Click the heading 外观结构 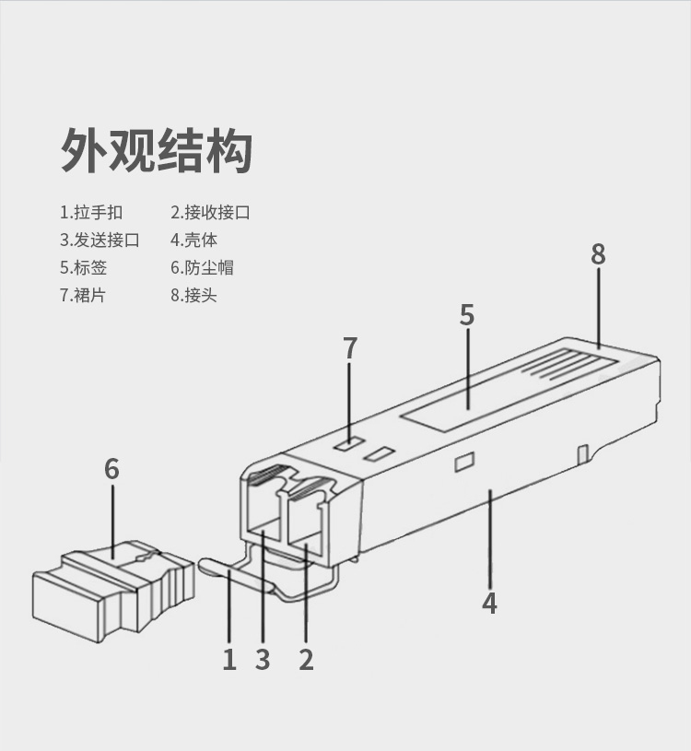pyautogui.click(x=157, y=150)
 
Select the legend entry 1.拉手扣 pyautogui.click(x=91, y=212)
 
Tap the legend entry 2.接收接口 pyautogui.click(x=210, y=212)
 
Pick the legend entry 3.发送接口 pyautogui.click(x=100, y=240)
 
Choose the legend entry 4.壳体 pyautogui.click(x=193, y=240)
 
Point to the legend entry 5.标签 pyautogui.click(x=83, y=267)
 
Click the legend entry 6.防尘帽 pyautogui.click(x=202, y=267)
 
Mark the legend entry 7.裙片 pyautogui.click(x=82, y=295)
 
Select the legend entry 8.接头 pyautogui.click(x=193, y=295)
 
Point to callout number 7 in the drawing pyautogui.click(x=350, y=347)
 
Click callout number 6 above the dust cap pyautogui.click(x=111, y=468)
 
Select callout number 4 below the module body pyautogui.click(x=489, y=603)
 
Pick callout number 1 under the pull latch pyautogui.click(x=229, y=660)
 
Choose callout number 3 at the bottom pyautogui.click(x=263, y=660)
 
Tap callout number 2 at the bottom pyautogui.click(x=306, y=660)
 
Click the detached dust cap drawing pyautogui.click(x=113, y=592)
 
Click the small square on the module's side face pyautogui.click(x=464, y=462)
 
